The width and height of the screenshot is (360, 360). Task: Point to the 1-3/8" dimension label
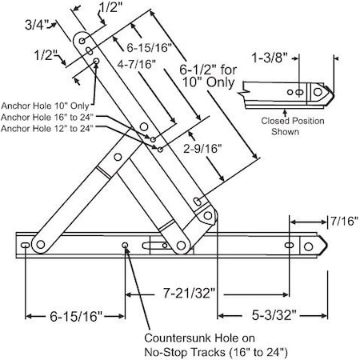287,59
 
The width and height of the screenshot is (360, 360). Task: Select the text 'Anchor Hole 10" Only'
46,104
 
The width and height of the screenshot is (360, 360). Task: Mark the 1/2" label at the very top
106,10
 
